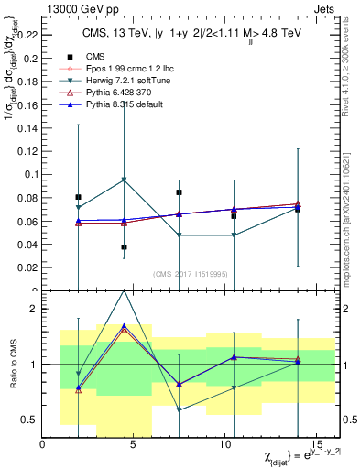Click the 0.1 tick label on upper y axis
pos(32,174)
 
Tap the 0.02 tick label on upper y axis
pos(28,268)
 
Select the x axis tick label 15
pos(315,444)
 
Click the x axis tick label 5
pos(134,444)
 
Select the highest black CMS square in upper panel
pos(180,192)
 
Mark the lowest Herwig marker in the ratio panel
pos(180,409)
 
